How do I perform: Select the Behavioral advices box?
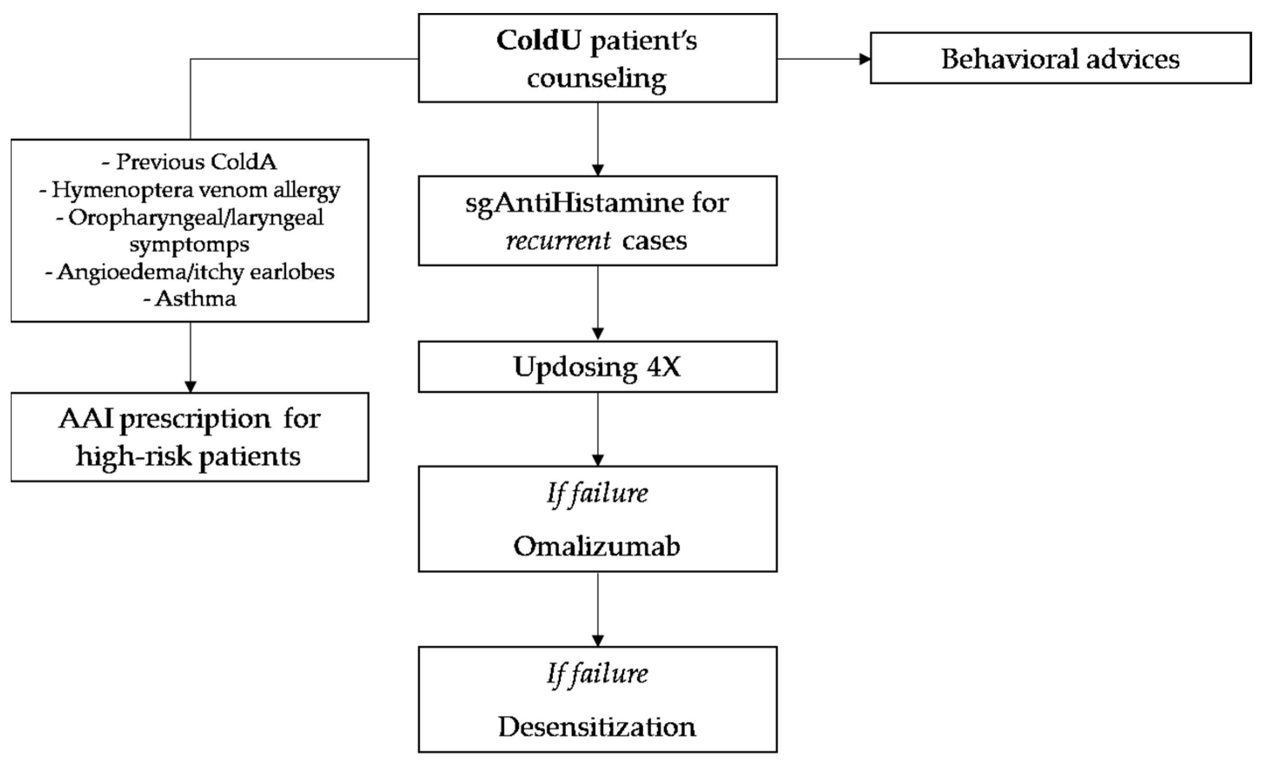(1060, 59)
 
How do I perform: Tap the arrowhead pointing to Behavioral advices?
(865, 59)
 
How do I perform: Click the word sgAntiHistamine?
(574, 203)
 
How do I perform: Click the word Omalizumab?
(597, 546)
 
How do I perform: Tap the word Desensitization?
(597, 726)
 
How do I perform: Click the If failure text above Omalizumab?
(597, 493)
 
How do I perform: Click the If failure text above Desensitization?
(597, 674)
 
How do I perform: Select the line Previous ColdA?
(189, 162)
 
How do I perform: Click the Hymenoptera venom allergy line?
(189, 190)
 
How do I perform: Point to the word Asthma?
(196, 299)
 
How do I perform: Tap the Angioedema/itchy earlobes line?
(189, 271)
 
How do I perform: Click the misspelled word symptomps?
(189, 244)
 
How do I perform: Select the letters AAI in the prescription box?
(86, 419)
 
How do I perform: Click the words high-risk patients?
(188, 456)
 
